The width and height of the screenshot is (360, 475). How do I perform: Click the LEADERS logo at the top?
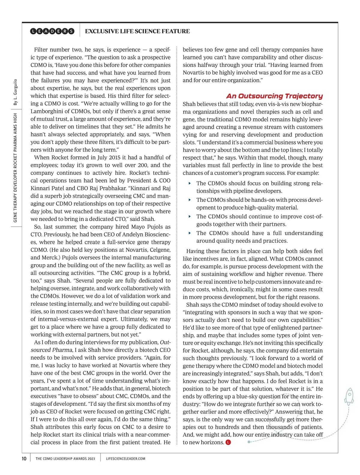[x=52, y=31]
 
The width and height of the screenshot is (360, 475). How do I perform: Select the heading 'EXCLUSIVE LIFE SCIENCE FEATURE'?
[x=137, y=31]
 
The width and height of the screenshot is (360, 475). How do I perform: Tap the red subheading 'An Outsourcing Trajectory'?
[x=274, y=96]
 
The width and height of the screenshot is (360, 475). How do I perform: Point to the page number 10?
[x=24, y=458]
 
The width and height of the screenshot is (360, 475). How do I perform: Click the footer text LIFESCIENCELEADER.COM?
[x=126, y=458]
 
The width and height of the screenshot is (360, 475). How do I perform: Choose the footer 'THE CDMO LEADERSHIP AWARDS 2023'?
[x=65, y=458]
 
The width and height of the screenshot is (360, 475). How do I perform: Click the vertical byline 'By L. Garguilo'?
[x=15, y=92]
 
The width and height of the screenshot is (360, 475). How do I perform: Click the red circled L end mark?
[x=228, y=442]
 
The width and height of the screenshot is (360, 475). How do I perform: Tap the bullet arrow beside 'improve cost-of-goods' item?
[x=190, y=216]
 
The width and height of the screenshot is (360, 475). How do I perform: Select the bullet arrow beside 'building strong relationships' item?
[x=190, y=183]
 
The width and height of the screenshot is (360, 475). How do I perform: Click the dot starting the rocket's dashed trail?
[x=249, y=442]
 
